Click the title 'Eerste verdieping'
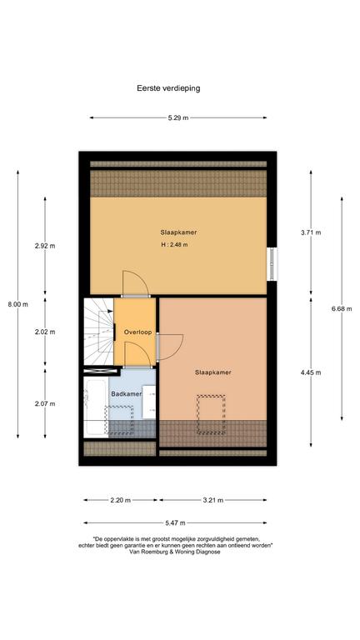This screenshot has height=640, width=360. (168, 88)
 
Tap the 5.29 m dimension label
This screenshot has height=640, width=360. (178, 118)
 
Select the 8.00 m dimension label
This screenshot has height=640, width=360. (18, 304)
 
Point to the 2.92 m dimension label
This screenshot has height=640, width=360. (45, 246)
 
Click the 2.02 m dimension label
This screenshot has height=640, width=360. (45, 332)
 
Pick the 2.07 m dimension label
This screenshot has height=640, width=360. (45, 403)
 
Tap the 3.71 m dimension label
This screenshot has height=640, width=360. (311, 232)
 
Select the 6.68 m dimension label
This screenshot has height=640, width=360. (342, 308)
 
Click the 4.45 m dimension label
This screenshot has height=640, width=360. (311, 372)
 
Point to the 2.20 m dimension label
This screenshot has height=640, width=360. (120, 500)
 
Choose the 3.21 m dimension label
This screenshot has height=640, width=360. (212, 500)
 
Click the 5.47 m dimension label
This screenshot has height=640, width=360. (175, 522)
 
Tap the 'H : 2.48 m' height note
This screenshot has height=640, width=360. (174, 245)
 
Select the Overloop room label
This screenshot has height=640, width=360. (138, 332)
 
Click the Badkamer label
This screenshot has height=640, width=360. (127, 394)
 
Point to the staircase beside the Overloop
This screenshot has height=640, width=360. (98, 332)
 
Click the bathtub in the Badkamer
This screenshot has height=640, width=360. (96, 407)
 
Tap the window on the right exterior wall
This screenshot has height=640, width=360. (272, 263)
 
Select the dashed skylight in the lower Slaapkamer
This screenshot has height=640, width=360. (211, 414)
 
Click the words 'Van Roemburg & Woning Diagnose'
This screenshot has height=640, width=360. (175, 552)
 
